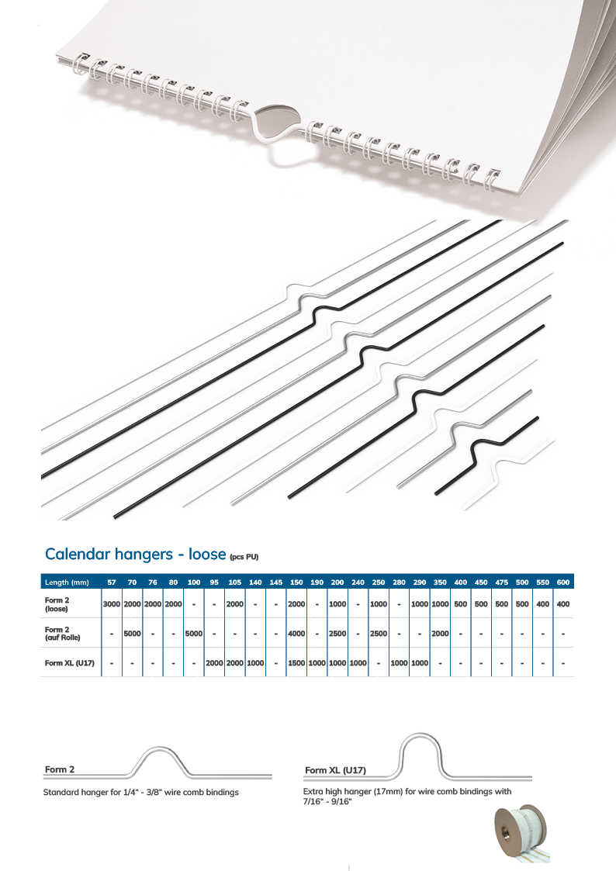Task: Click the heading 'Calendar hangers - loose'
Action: (x=136, y=555)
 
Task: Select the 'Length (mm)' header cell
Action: (x=67, y=582)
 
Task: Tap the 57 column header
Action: (x=112, y=582)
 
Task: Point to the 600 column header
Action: (x=563, y=582)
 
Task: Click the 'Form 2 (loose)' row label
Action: (x=57, y=604)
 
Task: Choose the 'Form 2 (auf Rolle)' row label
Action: (x=62, y=633)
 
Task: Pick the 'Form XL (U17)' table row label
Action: (x=69, y=662)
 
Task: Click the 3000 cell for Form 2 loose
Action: (x=112, y=604)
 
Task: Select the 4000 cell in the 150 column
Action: (x=296, y=633)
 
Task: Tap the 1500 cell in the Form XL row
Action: (x=296, y=662)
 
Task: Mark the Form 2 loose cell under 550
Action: (x=542, y=604)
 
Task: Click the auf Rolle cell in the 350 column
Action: (x=440, y=633)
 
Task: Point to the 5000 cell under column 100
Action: (x=193, y=633)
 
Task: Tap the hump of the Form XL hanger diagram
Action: (x=420, y=736)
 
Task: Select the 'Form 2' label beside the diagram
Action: (x=60, y=769)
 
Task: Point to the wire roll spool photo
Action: (x=521, y=835)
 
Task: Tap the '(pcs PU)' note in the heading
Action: (x=244, y=557)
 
